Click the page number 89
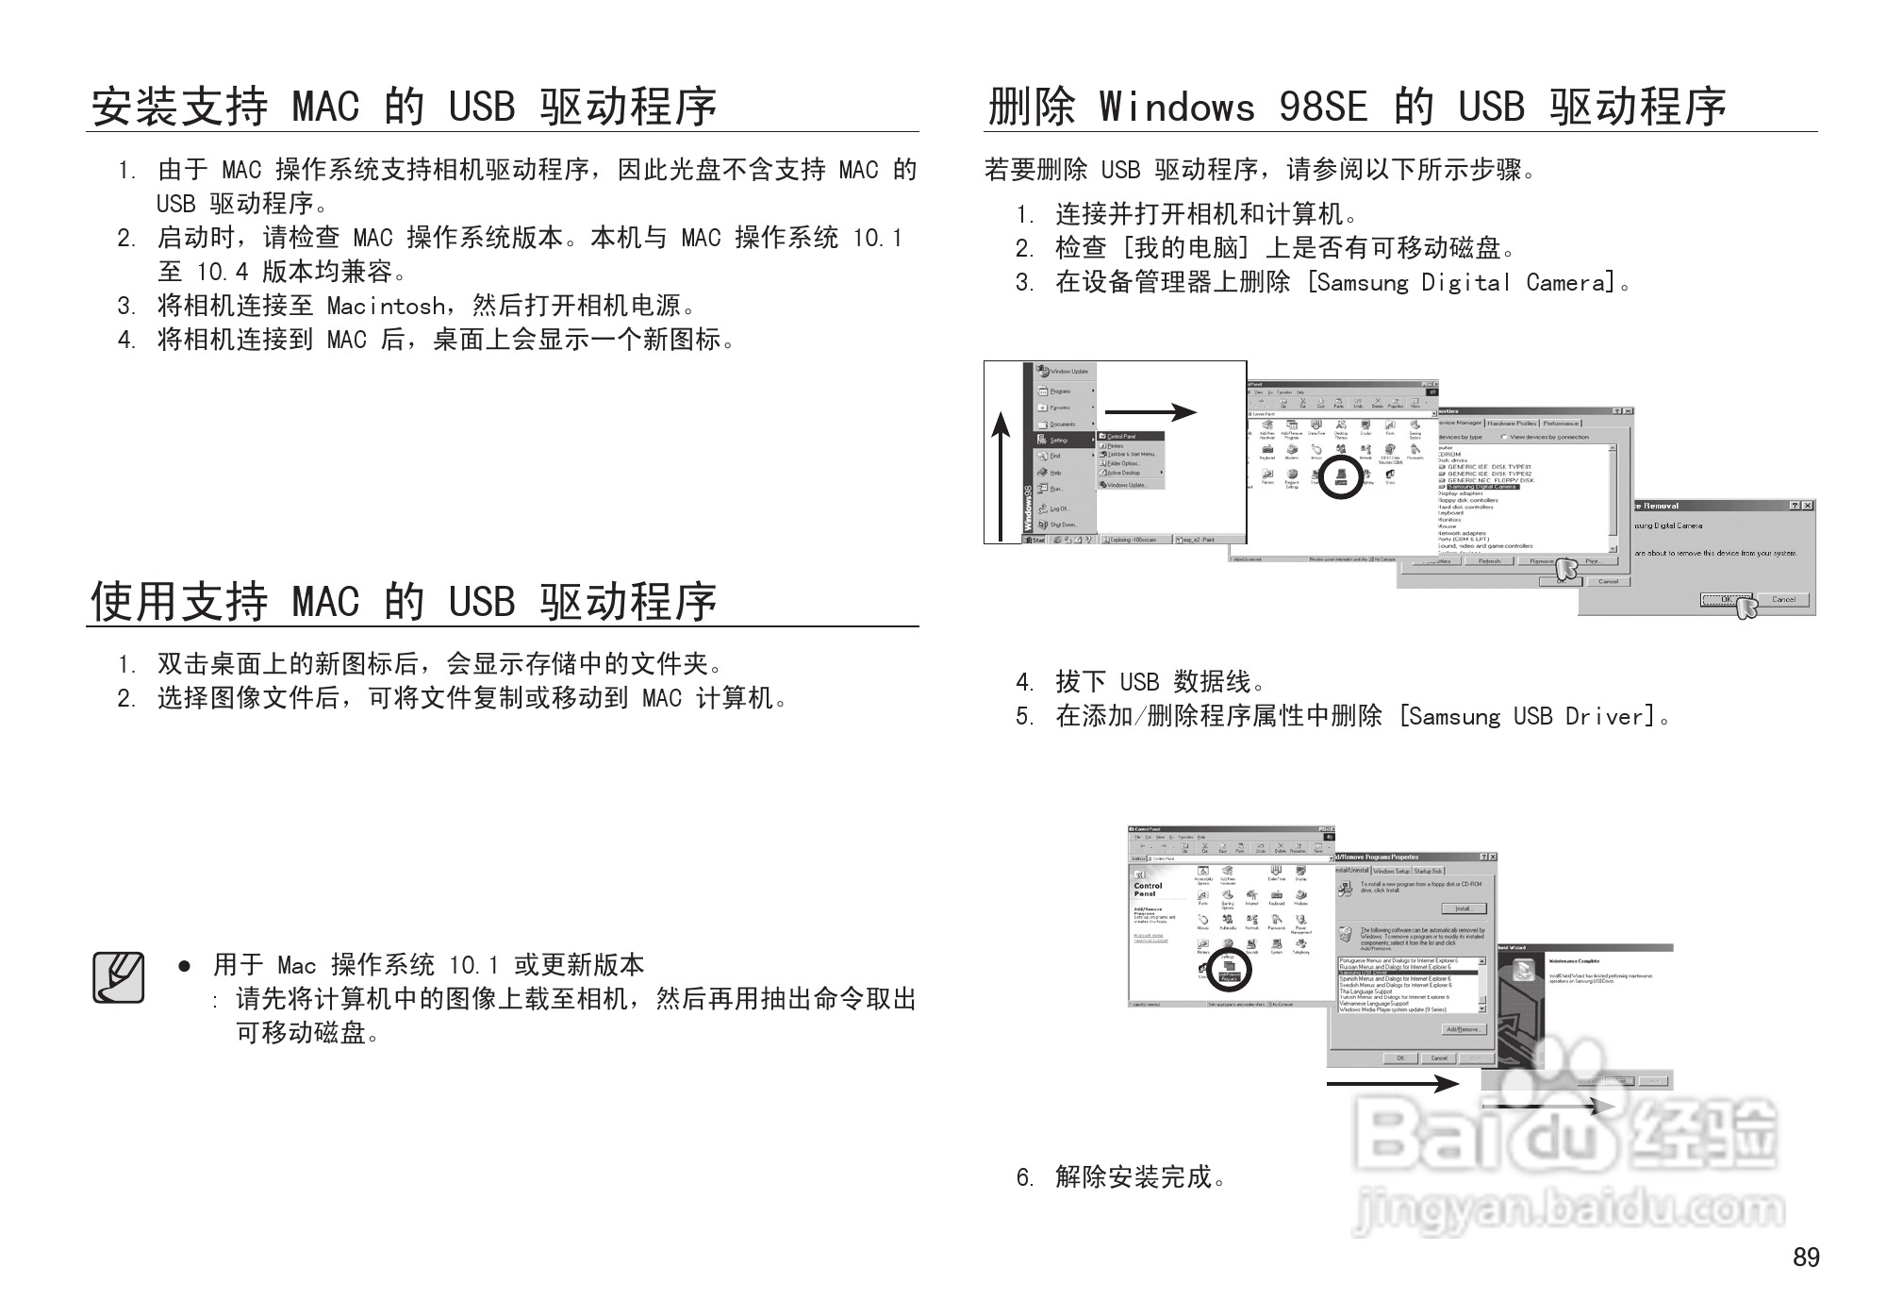[1806, 1258]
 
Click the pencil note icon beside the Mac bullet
[119, 977]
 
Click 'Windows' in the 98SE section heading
[1176, 107]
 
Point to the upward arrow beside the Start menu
[1001, 476]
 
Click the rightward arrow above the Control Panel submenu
[1150, 412]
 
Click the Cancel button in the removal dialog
[1782, 599]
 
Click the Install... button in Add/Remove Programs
[1464, 908]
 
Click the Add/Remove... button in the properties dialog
[1464, 1029]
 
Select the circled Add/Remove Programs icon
[1229, 972]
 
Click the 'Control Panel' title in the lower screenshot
[1148, 890]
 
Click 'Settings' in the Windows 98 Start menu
[1059, 440]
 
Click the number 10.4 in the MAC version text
[222, 273]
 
